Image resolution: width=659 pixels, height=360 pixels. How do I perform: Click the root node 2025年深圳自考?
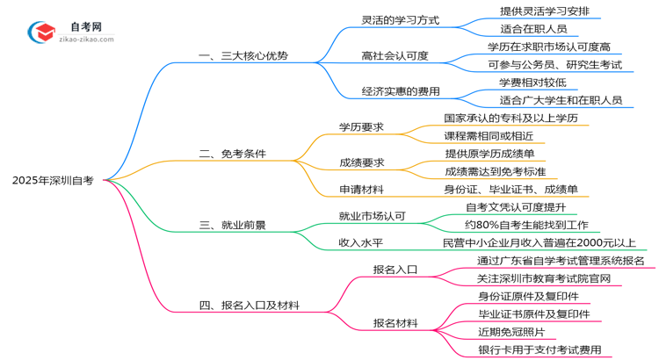54,180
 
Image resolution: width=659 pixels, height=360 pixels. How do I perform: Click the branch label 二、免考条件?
233,154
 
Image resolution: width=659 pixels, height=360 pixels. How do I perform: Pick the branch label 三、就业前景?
233,225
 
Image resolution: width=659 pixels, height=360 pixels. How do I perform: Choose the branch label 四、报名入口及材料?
250,306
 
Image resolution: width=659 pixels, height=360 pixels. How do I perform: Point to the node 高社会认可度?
395,55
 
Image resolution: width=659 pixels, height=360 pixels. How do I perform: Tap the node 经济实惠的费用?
400,90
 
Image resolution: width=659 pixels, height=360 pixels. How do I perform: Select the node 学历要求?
361,126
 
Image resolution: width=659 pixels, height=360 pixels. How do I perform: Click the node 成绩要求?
361,162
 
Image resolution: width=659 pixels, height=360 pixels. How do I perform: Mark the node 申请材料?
361,189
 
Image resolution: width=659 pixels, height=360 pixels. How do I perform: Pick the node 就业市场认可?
372,216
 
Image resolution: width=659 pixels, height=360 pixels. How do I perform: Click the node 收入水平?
361,242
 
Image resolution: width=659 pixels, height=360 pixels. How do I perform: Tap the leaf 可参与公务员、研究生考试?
554,64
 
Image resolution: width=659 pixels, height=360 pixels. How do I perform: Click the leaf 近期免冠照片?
511,332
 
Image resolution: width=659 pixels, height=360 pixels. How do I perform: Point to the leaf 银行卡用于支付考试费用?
540,349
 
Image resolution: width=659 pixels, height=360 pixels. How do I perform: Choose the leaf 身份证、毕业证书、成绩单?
511,189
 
